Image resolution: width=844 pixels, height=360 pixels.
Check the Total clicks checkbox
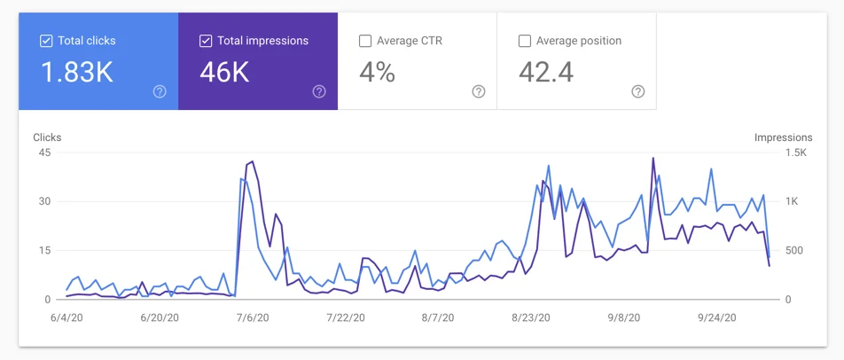[46, 41]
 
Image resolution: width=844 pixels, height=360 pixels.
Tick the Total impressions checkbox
[206, 41]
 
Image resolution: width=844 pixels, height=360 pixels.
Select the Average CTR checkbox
[365, 41]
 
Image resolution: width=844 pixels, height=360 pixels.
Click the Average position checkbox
[525, 41]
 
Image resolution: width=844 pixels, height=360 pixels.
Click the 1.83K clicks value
[77, 73]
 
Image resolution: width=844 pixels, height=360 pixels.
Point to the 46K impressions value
[224, 73]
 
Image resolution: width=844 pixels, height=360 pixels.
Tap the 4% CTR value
[377, 73]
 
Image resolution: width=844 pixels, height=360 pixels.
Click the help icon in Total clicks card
[160, 91]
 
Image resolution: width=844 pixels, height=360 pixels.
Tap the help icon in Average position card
[637, 91]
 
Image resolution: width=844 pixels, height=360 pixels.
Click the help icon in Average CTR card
[479, 91]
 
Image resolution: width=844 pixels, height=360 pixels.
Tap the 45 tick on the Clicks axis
[44, 153]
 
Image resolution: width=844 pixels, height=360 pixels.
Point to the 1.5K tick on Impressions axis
[794, 153]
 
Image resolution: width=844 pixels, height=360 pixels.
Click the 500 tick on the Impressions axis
[795, 250]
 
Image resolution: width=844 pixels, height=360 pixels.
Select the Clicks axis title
[47, 137]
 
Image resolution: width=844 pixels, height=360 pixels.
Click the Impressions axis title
[783, 137]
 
